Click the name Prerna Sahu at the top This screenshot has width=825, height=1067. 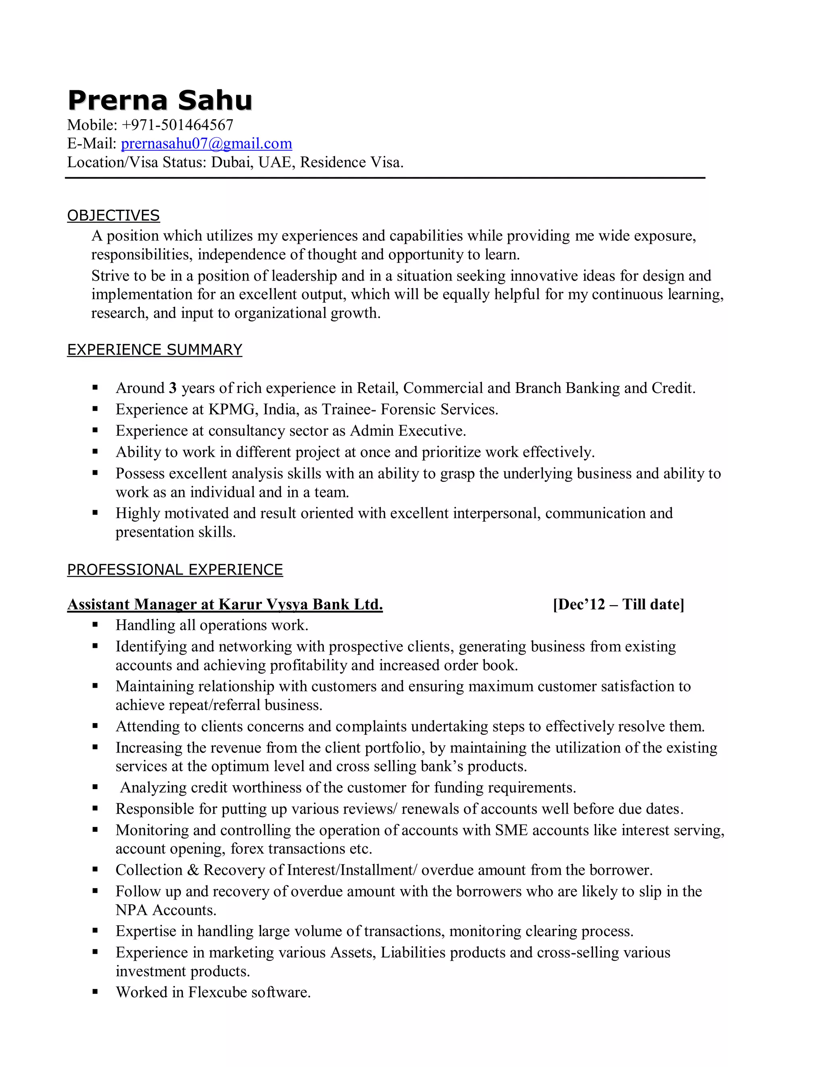(x=160, y=100)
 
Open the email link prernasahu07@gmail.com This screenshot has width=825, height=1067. (x=206, y=144)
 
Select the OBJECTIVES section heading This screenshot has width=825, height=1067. (x=113, y=215)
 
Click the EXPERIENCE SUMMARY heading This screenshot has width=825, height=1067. (x=154, y=350)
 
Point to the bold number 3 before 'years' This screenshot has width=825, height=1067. (x=172, y=389)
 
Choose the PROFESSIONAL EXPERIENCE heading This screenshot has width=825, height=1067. (x=175, y=570)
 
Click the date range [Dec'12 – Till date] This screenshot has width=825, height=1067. (x=618, y=605)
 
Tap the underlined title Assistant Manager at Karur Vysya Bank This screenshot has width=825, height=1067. (x=225, y=605)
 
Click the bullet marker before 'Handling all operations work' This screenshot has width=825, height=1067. (x=95, y=624)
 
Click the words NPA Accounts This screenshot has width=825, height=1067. (x=166, y=910)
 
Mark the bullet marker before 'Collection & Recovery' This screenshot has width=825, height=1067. (x=95, y=870)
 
